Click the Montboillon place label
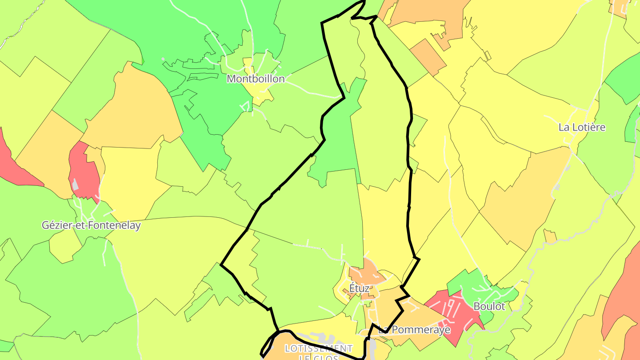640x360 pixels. (255, 79)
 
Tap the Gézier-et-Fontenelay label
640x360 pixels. (91, 225)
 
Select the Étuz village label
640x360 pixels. (359, 288)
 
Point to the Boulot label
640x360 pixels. (489, 306)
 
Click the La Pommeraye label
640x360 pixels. (414, 330)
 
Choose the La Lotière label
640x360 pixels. (582, 127)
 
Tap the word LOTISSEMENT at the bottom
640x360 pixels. (319, 348)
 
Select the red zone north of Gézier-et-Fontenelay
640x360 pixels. (84, 169)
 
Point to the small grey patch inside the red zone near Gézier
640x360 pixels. (76, 184)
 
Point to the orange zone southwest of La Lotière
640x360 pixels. (524, 196)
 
